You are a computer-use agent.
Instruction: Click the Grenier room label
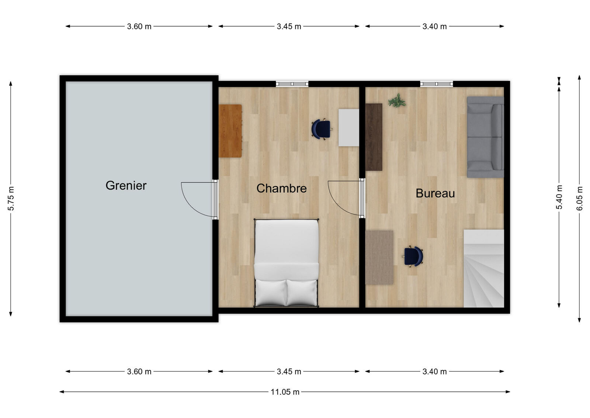click(126, 186)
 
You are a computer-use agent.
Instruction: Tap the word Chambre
click(282, 188)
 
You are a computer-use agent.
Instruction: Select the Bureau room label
click(435, 193)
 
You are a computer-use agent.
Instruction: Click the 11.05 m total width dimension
click(285, 392)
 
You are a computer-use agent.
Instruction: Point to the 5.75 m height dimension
click(11, 199)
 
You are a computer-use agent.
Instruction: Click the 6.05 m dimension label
click(579, 198)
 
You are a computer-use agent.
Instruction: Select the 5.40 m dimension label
click(559, 197)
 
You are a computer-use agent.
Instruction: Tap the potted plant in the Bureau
click(397, 100)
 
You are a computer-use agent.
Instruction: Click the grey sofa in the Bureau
click(485, 137)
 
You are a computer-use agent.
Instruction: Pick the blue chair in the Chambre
click(321, 129)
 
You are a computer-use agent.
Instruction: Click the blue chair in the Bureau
click(413, 256)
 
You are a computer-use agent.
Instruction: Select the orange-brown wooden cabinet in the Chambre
click(230, 131)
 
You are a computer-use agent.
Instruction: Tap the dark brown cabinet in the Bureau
click(374, 137)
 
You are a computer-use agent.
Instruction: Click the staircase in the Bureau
click(484, 268)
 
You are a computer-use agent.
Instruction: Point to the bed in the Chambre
click(286, 263)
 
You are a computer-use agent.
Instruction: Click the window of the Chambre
click(292, 84)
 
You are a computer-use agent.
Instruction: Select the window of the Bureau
click(437, 84)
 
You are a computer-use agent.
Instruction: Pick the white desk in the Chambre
click(349, 128)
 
